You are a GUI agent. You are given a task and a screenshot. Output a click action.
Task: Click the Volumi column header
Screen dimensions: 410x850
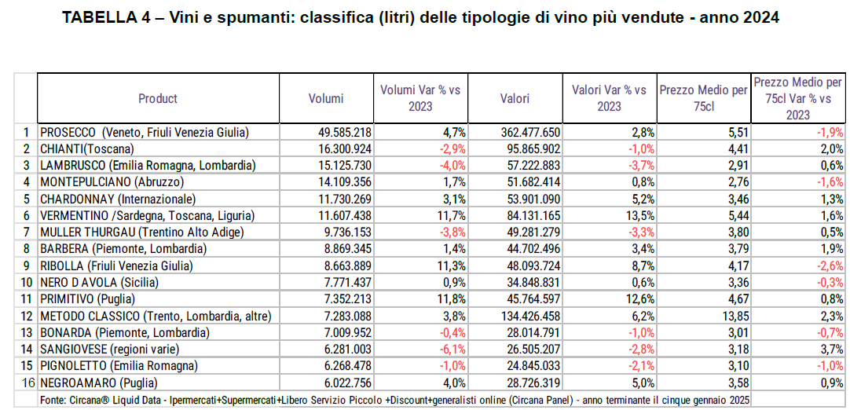(326, 98)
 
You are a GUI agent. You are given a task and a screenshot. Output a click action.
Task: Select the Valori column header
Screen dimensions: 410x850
(515, 98)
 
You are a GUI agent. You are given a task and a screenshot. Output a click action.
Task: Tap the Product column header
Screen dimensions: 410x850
(158, 98)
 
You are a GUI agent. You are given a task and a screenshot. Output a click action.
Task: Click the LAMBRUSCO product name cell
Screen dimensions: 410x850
(148, 165)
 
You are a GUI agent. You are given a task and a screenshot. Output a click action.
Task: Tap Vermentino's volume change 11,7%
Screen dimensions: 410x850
(451, 215)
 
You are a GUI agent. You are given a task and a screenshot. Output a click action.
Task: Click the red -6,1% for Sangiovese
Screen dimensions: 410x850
(452, 350)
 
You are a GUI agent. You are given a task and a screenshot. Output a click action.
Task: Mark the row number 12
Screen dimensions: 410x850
(27, 316)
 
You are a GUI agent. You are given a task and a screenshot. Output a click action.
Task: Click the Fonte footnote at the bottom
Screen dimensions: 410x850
(393, 400)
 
